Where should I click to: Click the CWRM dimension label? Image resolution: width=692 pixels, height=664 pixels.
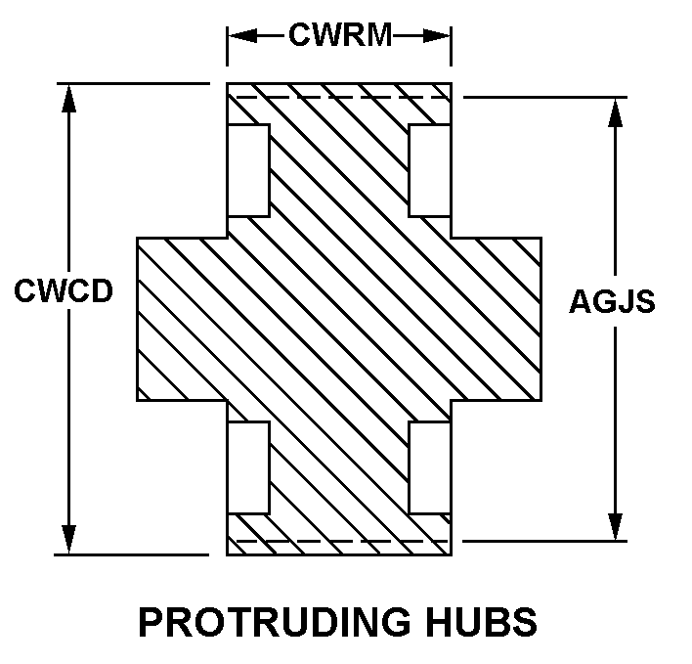(x=339, y=36)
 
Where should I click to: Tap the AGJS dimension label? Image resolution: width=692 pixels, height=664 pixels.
(x=613, y=301)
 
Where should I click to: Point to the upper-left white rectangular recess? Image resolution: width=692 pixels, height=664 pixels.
(x=248, y=170)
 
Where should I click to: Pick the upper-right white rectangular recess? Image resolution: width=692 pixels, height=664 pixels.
(x=430, y=170)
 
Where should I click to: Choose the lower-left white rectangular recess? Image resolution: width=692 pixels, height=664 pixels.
(x=248, y=467)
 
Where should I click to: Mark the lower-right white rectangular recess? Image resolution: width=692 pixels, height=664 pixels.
(x=430, y=467)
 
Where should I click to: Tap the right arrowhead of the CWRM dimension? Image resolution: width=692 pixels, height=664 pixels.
(x=441, y=36)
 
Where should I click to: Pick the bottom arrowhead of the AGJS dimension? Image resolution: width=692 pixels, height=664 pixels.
(x=616, y=528)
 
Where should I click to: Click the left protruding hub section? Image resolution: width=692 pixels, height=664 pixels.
(x=181, y=319)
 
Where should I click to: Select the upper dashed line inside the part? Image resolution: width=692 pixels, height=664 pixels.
(x=339, y=98)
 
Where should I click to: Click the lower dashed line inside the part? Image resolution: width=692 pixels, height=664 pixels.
(x=339, y=541)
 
